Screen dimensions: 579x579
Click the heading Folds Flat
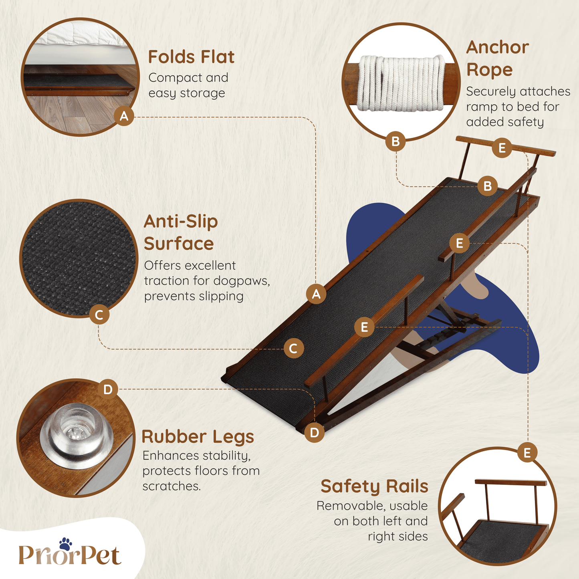(191, 57)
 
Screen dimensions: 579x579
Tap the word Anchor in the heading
(498, 47)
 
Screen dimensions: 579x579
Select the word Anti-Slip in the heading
(181, 222)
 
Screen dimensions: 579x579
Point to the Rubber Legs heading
(198, 437)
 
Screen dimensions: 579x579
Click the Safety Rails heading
(374, 486)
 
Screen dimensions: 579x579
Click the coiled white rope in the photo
(402, 83)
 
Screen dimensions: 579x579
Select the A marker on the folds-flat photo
(124, 116)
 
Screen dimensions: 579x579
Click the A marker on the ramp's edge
(317, 294)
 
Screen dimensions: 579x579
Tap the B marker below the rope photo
(395, 141)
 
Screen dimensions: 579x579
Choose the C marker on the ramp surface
(294, 349)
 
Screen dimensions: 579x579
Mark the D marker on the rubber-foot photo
(108, 389)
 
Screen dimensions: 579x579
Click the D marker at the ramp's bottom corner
(314, 433)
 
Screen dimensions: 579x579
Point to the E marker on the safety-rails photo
(527, 452)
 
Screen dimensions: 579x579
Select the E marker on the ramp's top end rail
(502, 148)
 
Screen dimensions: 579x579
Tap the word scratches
(171, 486)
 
